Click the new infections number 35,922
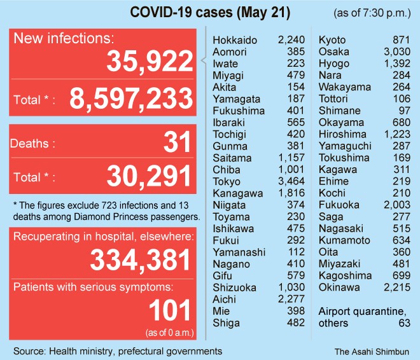pyautogui.click(x=149, y=61)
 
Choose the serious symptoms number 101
pyautogui.click(x=169, y=310)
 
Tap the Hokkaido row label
pyautogui.click(x=235, y=40)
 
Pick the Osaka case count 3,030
pyautogui.click(x=397, y=52)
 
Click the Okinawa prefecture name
pyautogui.click(x=339, y=287)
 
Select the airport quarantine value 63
pyautogui.click(x=404, y=323)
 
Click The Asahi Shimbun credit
pyautogui.click(x=372, y=351)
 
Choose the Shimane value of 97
pyautogui.click(x=404, y=111)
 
